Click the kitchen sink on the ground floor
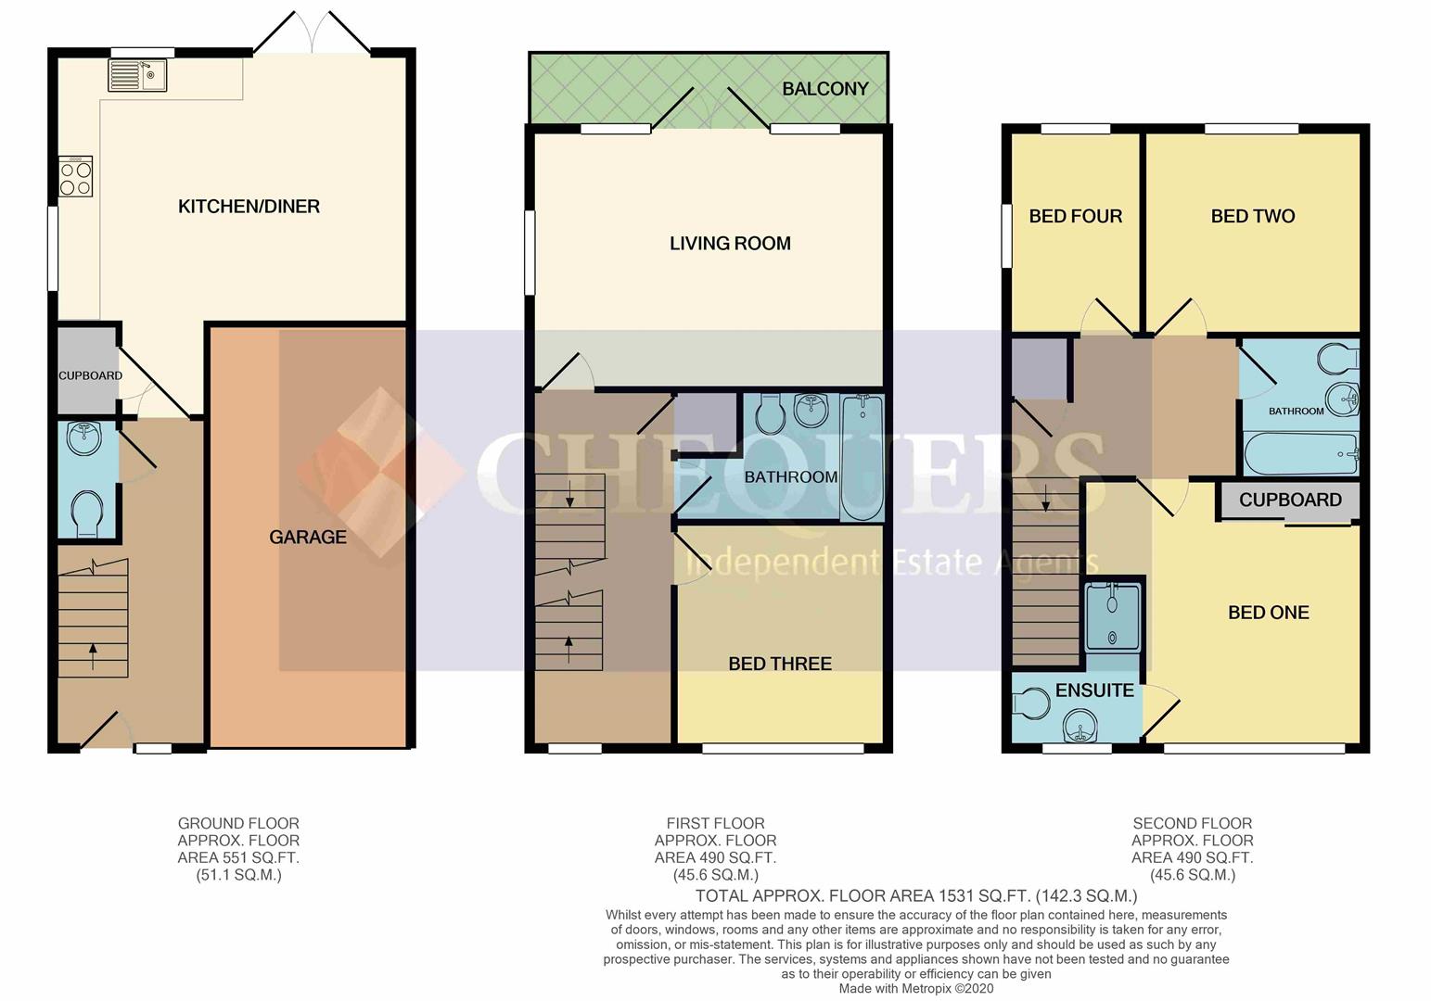point(137,75)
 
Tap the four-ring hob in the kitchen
point(75,176)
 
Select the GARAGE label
point(308,537)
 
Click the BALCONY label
point(825,89)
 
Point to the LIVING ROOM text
point(730,243)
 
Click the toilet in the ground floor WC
point(86,513)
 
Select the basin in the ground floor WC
point(84,437)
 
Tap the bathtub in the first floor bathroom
point(862,458)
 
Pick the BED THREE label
point(780,664)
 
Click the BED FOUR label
point(1076,216)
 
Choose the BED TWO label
point(1253,216)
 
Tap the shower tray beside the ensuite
point(1113,615)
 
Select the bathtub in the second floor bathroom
point(1300,453)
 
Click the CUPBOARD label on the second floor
point(1290,500)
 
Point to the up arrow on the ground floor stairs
point(94,656)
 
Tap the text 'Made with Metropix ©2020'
point(916,989)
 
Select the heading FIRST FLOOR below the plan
point(716,824)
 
